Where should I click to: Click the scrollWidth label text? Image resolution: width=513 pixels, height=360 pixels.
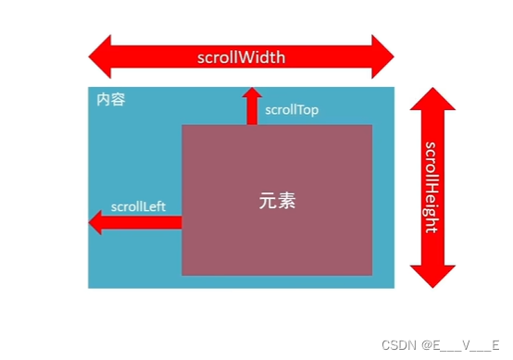point(241,56)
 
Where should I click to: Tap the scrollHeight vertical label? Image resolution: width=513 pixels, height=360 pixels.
point(432,187)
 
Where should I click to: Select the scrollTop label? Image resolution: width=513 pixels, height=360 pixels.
point(292,109)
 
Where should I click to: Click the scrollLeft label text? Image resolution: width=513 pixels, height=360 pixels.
point(137,205)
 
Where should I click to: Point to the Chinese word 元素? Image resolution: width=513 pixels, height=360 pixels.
point(277,200)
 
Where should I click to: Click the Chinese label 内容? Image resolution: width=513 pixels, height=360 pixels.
point(110,99)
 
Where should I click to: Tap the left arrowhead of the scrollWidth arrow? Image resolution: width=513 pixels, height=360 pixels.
point(100,56)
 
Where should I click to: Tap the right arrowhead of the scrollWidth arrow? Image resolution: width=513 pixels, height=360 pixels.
point(382,56)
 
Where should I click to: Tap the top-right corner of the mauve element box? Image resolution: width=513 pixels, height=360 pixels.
point(371,126)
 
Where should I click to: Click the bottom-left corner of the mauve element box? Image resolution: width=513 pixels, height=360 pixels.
point(182,274)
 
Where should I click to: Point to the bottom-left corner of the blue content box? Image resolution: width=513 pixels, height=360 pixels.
point(90,286)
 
